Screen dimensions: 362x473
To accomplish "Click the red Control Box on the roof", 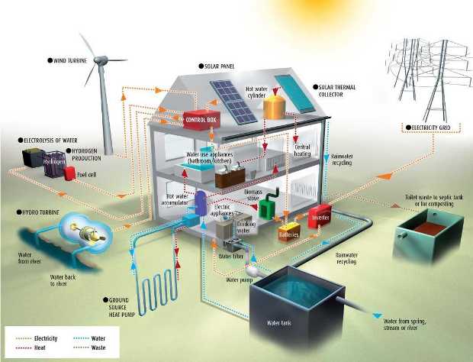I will [201, 120].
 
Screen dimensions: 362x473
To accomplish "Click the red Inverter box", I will [319, 215].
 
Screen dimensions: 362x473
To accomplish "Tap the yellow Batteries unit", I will [289, 231].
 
